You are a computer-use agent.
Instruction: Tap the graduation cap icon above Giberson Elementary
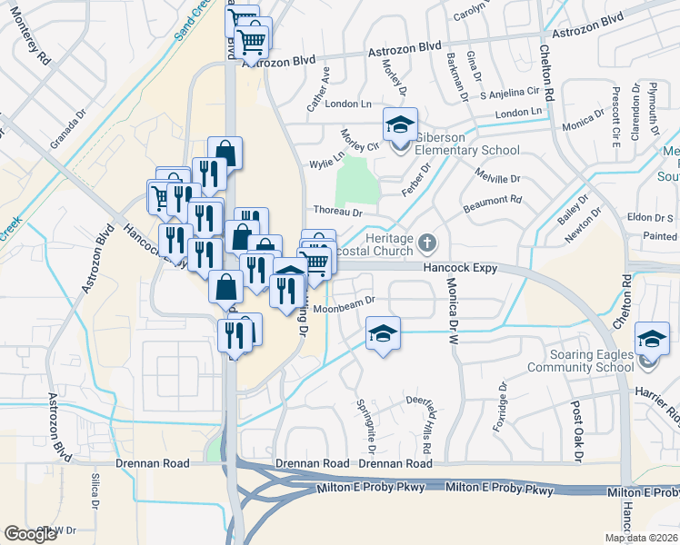pyautogui.click(x=398, y=124)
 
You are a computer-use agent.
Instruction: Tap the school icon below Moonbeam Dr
pyautogui.click(x=383, y=333)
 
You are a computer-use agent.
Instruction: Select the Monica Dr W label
pyautogui.click(x=451, y=304)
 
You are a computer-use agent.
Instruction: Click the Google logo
pyautogui.click(x=31, y=533)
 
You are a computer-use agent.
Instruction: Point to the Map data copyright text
pyautogui.click(x=641, y=538)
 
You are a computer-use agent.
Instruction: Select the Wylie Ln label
pyautogui.click(x=325, y=163)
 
